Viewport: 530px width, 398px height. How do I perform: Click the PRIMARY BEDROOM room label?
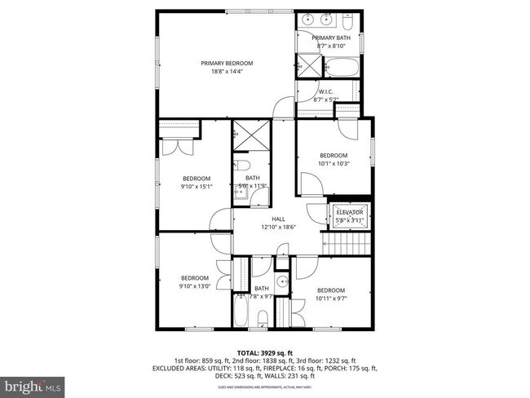coord(227,63)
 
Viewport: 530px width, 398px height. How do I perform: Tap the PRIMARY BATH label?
coord(330,38)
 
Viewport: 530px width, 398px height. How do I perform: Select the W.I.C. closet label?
coord(326,91)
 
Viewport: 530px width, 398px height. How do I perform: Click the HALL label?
coord(278,219)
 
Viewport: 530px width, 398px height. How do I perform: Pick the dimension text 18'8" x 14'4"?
coord(227,71)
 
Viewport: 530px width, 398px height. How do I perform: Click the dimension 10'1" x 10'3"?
coord(333,163)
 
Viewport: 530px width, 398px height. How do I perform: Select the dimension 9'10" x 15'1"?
coord(197,186)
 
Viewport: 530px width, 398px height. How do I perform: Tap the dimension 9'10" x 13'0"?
coord(195,285)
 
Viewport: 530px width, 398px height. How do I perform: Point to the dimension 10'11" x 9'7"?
coord(331,298)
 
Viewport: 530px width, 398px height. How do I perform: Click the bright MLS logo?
coord(32,383)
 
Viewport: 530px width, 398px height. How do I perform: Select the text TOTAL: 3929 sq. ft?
coord(264,352)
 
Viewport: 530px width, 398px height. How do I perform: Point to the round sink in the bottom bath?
coord(281,283)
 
